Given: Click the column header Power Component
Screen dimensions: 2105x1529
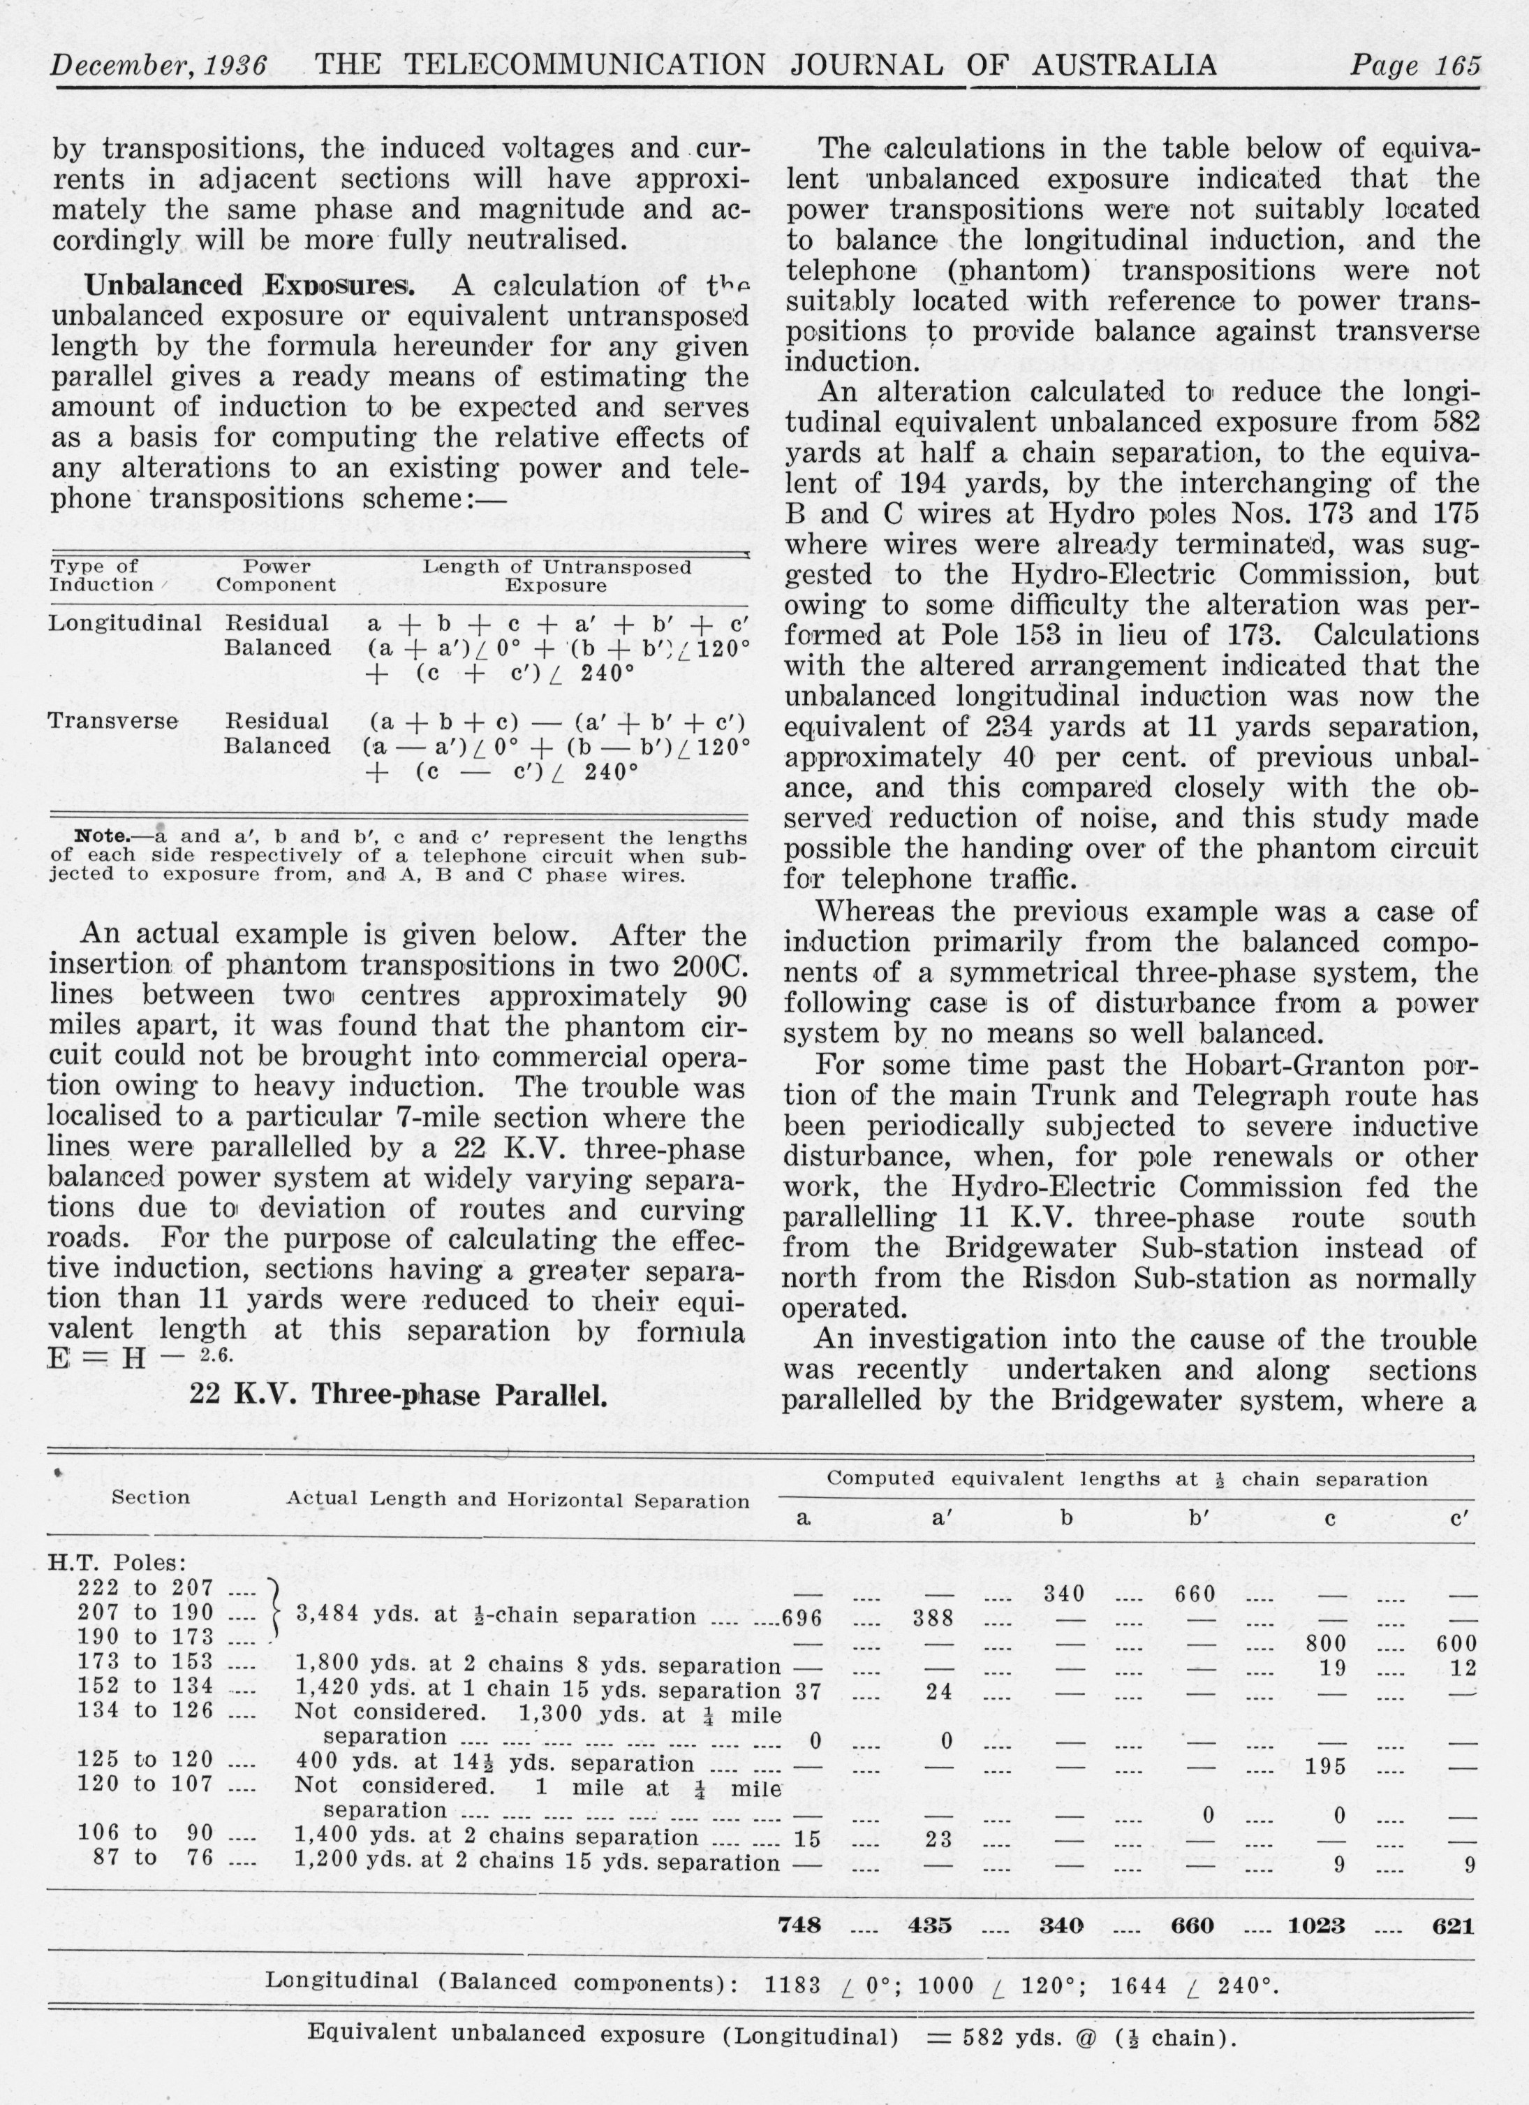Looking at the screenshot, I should point(276,576).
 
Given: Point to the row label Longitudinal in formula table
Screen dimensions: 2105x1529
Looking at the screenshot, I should point(124,622).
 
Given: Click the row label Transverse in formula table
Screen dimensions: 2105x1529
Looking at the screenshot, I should point(112,721).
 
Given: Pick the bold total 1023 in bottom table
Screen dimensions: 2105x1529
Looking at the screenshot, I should point(1317,1925).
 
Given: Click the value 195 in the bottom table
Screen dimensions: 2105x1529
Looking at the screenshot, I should point(1326,1766).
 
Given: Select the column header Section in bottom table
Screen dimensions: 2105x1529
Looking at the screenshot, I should point(150,1497).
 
